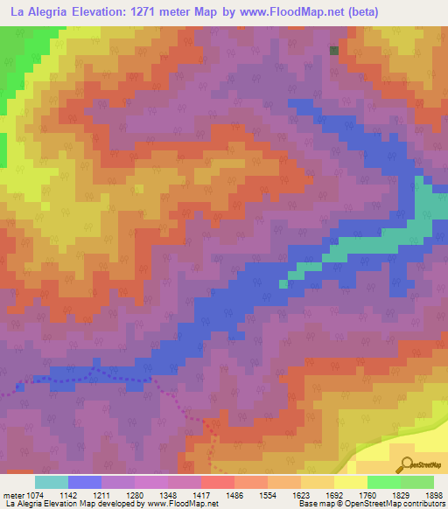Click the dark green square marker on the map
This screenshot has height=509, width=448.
(x=333, y=51)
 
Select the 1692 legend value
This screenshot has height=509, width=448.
(x=320, y=494)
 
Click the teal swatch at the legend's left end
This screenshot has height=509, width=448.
(x=52, y=482)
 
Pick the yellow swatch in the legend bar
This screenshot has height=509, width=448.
(x=351, y=482)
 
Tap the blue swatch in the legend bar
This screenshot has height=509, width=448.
(x=85, y=482)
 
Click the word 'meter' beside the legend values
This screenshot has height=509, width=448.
(x=14, y=494)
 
